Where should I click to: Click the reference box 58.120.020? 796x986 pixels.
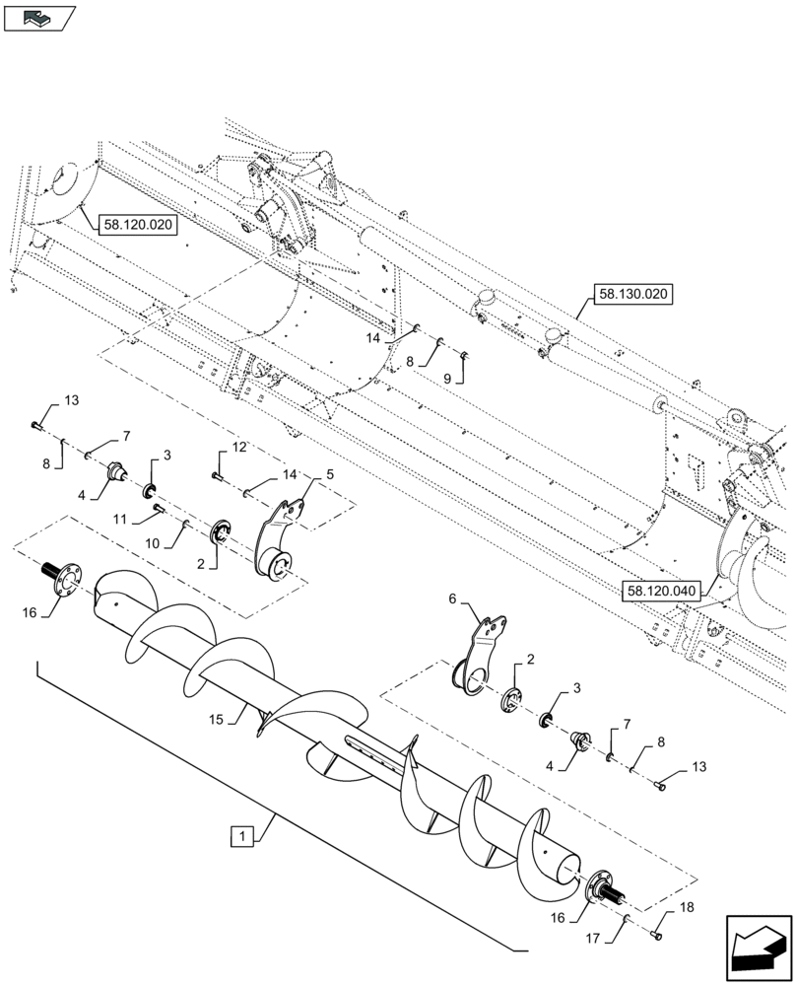tap(137, 225)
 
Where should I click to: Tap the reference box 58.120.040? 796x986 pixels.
tap(659, 591)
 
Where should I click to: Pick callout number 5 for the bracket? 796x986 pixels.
tap(329, 474)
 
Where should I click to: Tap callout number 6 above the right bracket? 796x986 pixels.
tap(453, 598)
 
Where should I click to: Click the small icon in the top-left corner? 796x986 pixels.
tap(39, 17)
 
